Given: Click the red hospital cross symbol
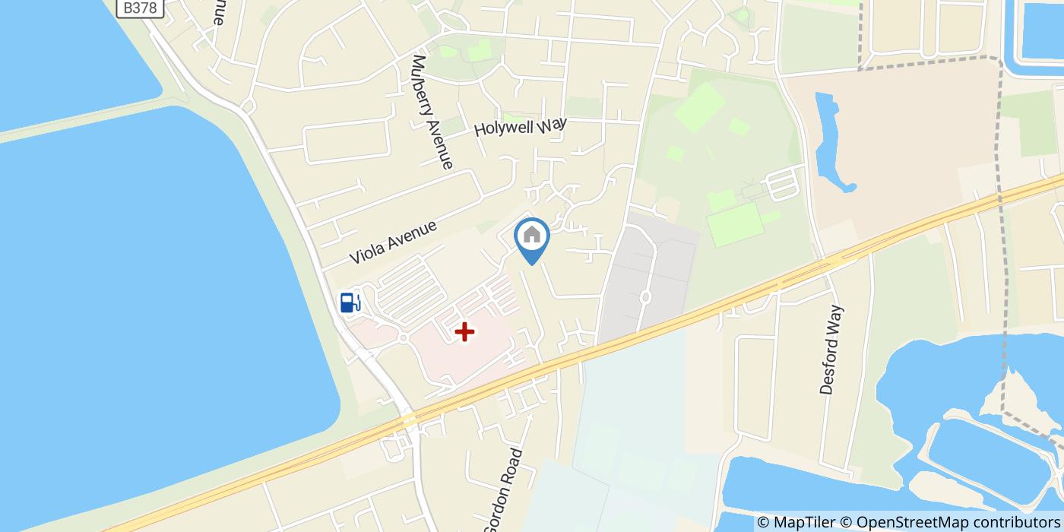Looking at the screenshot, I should (x=464, y=331).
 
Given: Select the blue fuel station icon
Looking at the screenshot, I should (x=350, y=302).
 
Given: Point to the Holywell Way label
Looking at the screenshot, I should (x=521, y=126).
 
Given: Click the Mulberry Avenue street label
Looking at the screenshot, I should (x=432, y=112).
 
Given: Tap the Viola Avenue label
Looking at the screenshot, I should (x=393, y=242).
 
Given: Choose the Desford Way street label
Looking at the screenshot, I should (x=831, y=350).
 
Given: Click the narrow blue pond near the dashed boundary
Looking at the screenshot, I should (x=833, y=141).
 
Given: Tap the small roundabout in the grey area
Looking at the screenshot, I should (x=645, y=297).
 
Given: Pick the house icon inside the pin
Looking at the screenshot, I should (x=532, y=235).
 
